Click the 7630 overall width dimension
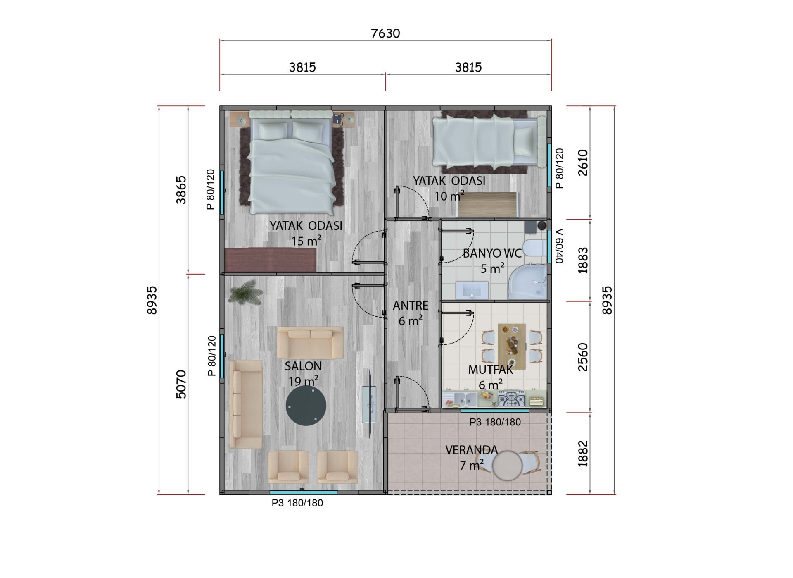tap(385, 33)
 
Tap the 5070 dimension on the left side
tap(181, 384)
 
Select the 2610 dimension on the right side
tap(583, 162)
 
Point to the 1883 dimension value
tap(583, 260)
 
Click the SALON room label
tap(303, 366)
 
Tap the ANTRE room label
tap(411, 306)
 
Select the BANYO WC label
tap(492, 253)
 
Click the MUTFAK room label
tap(491, 369)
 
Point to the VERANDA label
tap(472, 450)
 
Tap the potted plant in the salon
tap(245, 292)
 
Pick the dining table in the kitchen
tap(512, 346)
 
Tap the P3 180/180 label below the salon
tap(297, 503)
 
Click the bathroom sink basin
tap(472, 290)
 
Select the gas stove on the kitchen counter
tap(511, 399)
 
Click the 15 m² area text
tap(306, 241)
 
